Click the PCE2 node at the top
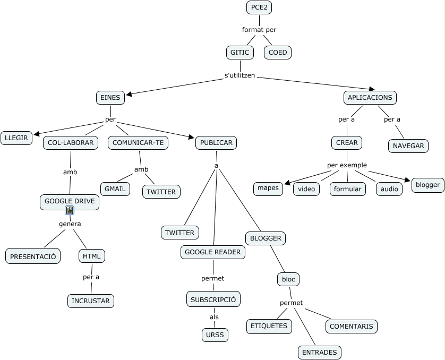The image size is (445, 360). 259,7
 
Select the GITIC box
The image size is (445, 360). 239,52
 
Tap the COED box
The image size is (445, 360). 278,52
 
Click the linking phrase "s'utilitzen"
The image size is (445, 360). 240,75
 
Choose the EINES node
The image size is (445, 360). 110,97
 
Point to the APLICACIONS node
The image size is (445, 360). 370,97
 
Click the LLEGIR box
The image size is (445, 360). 16,138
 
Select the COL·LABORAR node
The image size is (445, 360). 71,142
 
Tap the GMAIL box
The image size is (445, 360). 115,188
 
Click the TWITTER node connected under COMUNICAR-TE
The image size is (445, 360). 161,191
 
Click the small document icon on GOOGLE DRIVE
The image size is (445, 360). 70,210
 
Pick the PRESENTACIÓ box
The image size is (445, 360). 33,256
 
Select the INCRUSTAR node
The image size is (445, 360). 91,301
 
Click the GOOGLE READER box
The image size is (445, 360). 213,252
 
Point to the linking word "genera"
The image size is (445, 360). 70,224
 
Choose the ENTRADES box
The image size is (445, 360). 319,352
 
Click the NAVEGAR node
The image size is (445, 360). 408,145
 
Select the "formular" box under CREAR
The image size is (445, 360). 347,188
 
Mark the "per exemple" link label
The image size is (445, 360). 347,165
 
